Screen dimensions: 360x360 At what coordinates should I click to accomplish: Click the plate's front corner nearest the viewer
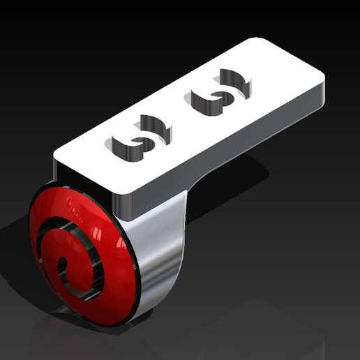133,190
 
